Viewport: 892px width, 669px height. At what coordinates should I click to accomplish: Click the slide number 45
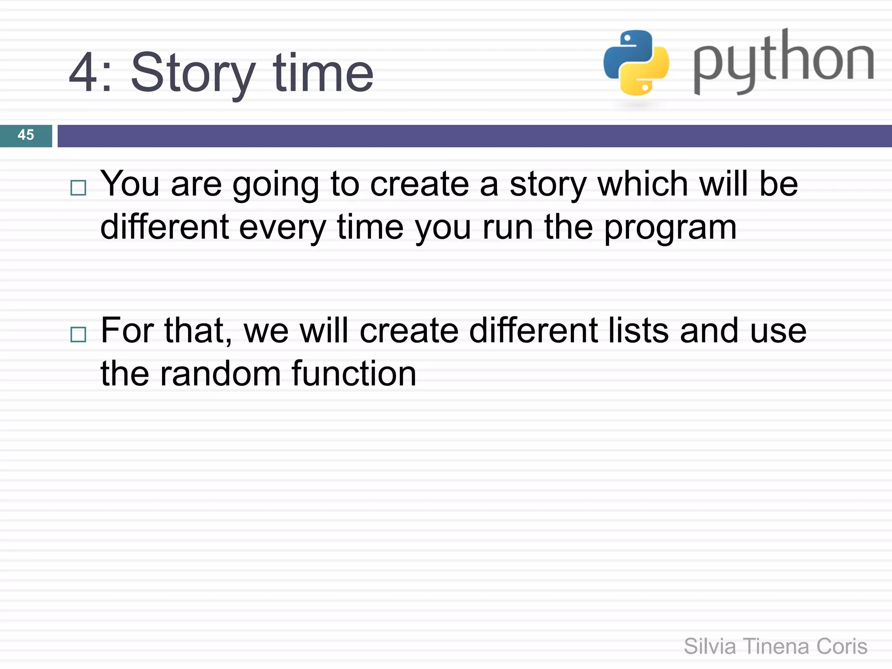(26, 135)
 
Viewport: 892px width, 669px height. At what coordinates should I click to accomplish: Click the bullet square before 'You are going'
(78, 188)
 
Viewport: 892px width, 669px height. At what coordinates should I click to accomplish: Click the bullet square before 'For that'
(78, 334)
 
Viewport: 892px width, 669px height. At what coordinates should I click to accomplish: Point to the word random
(220, 374)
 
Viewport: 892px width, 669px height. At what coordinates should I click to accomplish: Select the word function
(354, 374)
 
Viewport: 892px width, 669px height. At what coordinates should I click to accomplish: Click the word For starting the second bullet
(127, 331)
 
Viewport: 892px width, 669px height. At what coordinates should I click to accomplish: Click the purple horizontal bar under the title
(474, 136)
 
